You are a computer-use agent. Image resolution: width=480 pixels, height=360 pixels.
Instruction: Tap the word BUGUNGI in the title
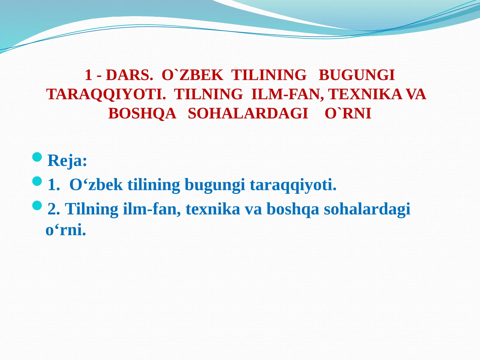click(x=356, y=75)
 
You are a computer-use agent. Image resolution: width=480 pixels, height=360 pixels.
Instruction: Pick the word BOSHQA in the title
click(x=142, y=113)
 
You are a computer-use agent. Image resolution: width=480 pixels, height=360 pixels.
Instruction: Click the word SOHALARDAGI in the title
click(x=248, y=113)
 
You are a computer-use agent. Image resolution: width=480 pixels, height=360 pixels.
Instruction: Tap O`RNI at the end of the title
click(x=348, y=113)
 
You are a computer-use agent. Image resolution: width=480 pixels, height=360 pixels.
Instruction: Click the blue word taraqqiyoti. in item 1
click(x=293, y=185)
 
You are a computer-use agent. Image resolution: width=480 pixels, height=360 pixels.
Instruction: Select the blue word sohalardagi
click(x=367, y=209)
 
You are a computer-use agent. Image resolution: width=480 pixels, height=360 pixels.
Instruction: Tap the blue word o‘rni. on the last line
click(x=66, y=230)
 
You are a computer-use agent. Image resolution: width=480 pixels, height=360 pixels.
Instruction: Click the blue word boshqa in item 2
click(x=293, y=209)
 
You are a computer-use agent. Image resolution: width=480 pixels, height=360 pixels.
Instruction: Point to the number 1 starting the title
click(x=88, y=75)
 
